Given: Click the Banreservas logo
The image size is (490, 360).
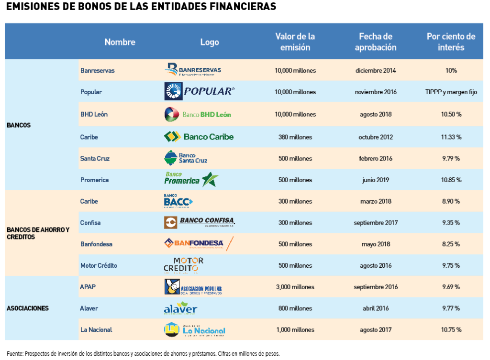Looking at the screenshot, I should click(x=192, y=70).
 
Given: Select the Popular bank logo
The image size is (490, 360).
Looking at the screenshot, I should click(x=199, y=91).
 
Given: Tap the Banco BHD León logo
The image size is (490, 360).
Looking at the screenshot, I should click(x=197, y=114).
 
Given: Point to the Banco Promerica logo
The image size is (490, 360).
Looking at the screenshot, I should click(x=191, y=179).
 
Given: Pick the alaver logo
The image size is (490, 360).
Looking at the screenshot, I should click(x=180, y=308).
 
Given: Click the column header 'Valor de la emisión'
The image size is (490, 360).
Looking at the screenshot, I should click(x=295, y=42).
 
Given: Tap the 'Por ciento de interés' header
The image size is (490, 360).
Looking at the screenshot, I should click(x=451, y=42).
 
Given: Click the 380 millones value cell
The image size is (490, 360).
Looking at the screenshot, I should click(x=295, y=137).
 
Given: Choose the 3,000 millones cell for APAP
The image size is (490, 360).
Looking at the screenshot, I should click(x=295, y=287).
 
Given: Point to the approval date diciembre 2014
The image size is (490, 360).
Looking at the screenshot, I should click(x=376, y=71).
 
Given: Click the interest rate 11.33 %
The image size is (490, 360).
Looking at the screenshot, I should click(x=451, y=137).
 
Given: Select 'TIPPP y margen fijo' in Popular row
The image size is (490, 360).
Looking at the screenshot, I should click(x=451, y=92).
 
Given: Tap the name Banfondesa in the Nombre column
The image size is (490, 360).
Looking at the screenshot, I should click(x=96, y=244).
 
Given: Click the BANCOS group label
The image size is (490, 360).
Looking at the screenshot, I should click(x=19, y=125).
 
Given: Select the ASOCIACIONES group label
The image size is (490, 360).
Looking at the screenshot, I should click(x=28, y=308).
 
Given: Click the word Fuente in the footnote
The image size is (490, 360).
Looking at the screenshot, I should click(x=15, y=354).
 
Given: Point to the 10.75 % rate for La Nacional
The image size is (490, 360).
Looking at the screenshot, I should click(x=451, y=330).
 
